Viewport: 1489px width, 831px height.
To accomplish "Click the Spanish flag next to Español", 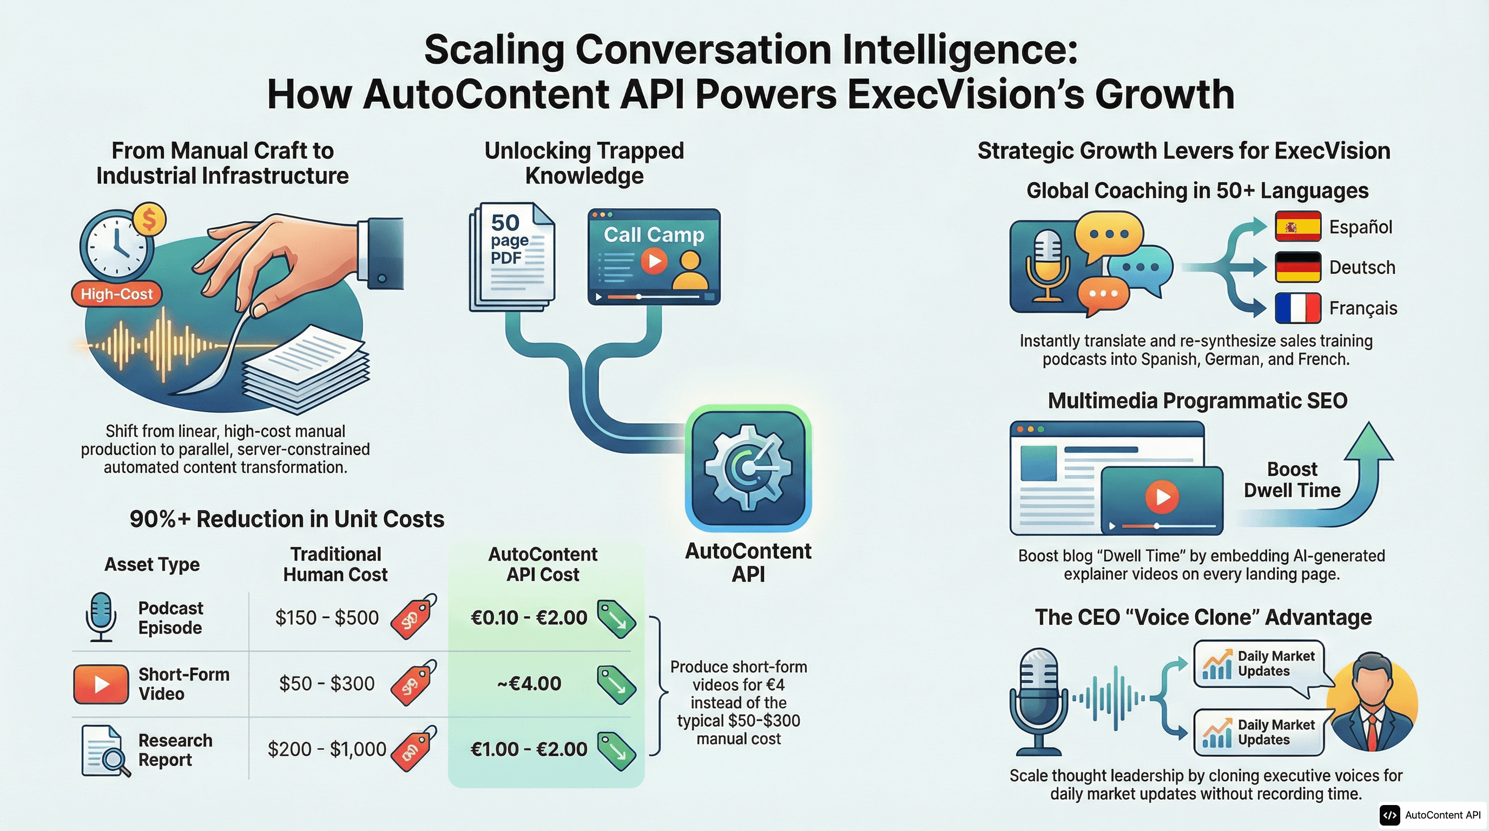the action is click(x=1297, y=227).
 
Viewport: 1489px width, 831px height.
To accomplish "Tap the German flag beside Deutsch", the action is click(x=1297, y=267).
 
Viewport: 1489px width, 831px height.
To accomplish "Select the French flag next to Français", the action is click(x=1297, y=308).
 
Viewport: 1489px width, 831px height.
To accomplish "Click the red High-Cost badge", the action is click(x=117, y=294).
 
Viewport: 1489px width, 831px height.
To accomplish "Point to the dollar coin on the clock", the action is click(x=149, y=220).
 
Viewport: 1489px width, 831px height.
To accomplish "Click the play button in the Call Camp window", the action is click(x=654, y=261).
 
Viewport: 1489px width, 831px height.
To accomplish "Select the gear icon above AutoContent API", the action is click(x=748, y=468).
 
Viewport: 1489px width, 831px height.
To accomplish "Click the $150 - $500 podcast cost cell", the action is click(x=327, y=618).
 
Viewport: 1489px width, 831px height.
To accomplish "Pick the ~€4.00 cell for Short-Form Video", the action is click(x=529, y=684).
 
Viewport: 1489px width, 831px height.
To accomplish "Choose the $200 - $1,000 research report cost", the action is click(x=327, y=749).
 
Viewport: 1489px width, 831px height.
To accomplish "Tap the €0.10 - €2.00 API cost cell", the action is click(x=529, y=618).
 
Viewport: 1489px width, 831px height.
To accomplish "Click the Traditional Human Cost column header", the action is click(x=335, y=564).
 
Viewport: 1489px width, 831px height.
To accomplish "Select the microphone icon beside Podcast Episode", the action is click(x=101, y=617).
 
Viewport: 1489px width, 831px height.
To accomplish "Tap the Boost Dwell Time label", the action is click(x=1292, y=480).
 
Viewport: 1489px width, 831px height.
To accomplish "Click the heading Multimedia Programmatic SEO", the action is click(x=1198, y=400).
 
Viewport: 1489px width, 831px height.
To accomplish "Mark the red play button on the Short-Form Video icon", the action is click(x=101, y=684).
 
